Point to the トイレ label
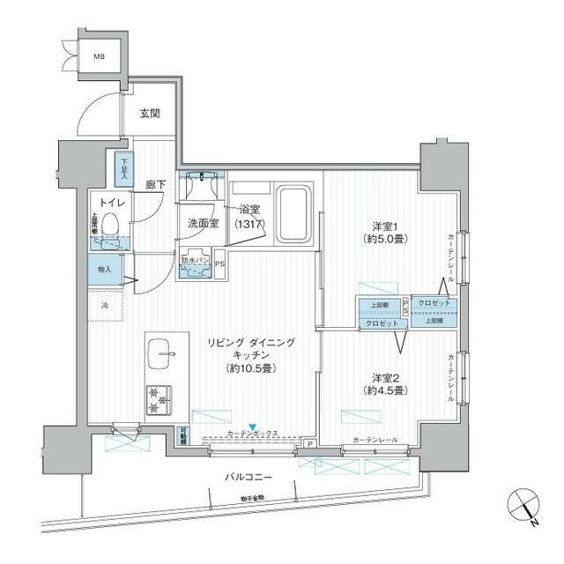pyautogui.click(x=111, y=203)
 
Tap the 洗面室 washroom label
pyautogui.click(x=203, y=223)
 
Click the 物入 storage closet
pyautogui.click(x=105, y=269)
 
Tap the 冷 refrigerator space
pyautogui.click(x=104, y=305)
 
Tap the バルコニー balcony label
pyautogui.click(x=246, y=477)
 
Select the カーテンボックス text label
pyautogui.click(x=253, y=434)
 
